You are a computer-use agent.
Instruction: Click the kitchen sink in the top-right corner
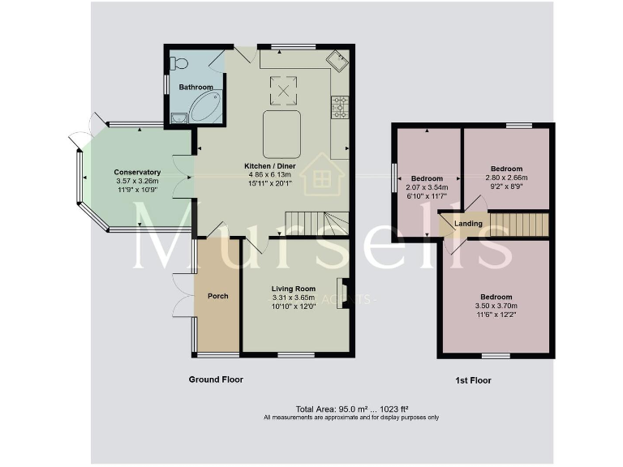point(337,59)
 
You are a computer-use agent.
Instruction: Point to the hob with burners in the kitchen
point(340,105)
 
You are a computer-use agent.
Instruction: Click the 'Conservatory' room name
point(137,172)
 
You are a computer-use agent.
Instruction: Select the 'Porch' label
point(217,296)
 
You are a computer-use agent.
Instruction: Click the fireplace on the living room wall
point(342,290)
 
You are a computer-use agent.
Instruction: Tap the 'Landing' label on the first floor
point(468,224)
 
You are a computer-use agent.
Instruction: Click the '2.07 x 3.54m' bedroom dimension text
point(427,188)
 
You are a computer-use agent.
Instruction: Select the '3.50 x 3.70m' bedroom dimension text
point(496,306)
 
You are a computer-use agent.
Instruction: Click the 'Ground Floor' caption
point(216,379)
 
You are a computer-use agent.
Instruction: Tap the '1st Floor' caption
point(473,380)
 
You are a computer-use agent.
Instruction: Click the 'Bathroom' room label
point(196,87)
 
